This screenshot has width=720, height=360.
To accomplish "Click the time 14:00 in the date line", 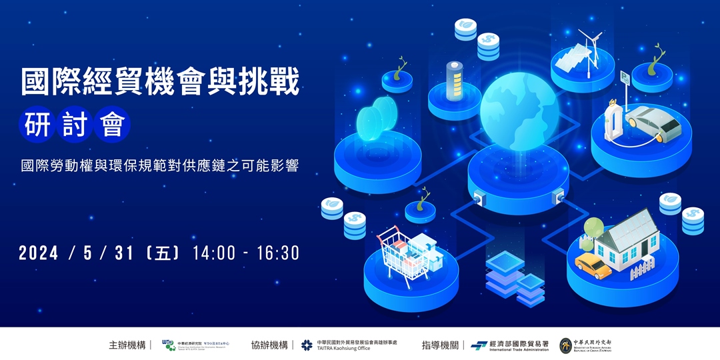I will pyautogui.click(x=213, y=253).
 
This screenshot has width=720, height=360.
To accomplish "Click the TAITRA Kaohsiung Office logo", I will pyautogui.click(x=307, y=345).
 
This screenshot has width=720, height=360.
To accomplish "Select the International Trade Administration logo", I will pyautogui.click(x=479, y=345).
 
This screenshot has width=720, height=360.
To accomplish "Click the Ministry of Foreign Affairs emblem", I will pyautogui.click(x=565, y=345).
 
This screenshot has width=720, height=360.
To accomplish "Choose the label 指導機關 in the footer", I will pyautogui.click(x=439, y=345).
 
